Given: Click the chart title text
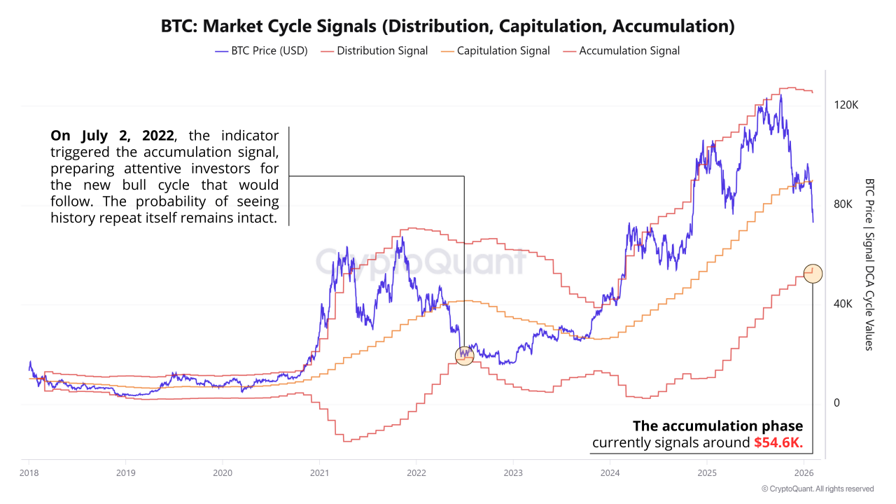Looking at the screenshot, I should point(448,27).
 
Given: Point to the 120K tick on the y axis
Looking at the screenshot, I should point(846,105).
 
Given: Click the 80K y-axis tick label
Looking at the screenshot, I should point(843,204).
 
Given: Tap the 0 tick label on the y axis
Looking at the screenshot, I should point(836,403).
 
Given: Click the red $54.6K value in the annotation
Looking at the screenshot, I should point(778,443).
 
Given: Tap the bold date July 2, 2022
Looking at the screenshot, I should point(112,135).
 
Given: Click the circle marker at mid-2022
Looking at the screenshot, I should point(464,355).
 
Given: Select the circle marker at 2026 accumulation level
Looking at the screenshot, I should point(813,274).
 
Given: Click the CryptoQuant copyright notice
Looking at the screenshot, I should point(817,489).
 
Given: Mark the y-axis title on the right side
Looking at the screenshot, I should point(869,264).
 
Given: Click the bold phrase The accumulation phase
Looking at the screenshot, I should point(717,426).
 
